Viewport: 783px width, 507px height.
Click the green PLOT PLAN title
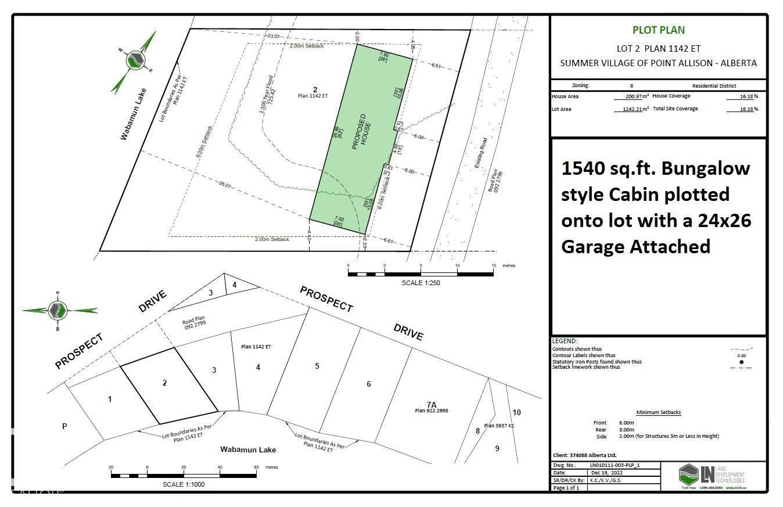[658, 30]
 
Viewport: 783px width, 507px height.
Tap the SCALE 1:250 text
[421, 283]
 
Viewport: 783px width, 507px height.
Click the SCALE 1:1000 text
[184, 484]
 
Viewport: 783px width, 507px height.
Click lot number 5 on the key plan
[317, 366]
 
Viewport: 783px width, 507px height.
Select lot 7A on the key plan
[431, 404]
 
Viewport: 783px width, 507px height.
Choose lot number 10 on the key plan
[516, 412]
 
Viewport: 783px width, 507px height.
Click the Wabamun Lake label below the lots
[248, 450]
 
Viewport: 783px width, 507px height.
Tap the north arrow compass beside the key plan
[58, 310]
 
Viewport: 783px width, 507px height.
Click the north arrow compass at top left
[136, 60]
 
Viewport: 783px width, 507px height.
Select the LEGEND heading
[565, 341]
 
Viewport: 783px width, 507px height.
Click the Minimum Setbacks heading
[658, 412]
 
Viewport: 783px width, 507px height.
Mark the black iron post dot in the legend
[741, 362]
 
